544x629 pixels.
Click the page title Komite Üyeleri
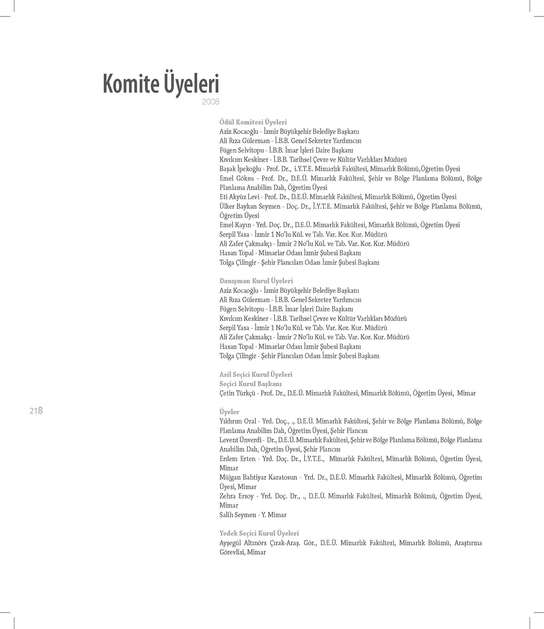[x=161, y=85]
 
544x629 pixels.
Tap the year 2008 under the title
[x=211, y=102]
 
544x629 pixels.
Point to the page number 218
[x=36, y=410]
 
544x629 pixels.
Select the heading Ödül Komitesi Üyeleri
[x=253, y=122]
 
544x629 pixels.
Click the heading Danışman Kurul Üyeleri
[x=256, y=281]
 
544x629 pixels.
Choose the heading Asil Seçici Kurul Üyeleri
[x=255, y=374]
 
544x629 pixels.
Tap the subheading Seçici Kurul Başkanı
[x=251, y=384]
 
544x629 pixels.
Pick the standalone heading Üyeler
[x=229, y=412]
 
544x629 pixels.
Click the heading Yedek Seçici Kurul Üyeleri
[x=259, y=533]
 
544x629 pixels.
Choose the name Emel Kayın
[x=235, y=225]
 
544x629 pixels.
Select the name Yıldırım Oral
[x=238, y=421]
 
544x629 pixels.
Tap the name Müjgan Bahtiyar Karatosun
[x=258, y=477]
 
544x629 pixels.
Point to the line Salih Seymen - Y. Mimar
[x=253, y=515]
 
